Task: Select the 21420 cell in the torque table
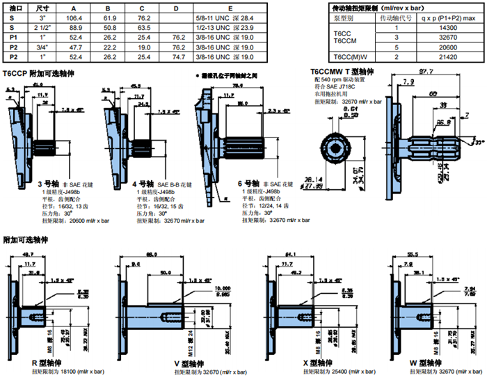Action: [443, 56]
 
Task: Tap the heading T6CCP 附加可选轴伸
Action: [39, 72]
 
